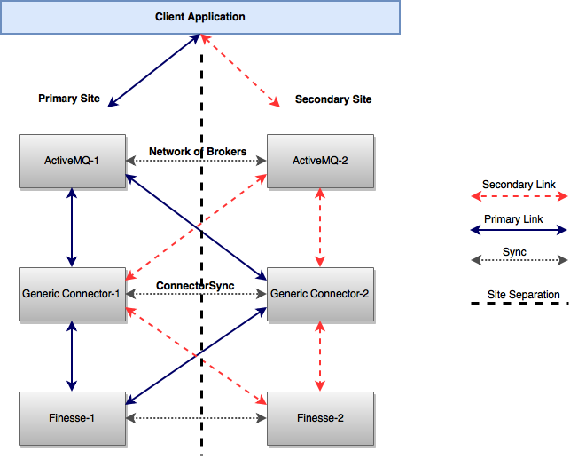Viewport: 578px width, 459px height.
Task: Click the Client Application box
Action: coord(200,17)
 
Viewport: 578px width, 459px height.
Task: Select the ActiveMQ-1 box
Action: coord(72,161)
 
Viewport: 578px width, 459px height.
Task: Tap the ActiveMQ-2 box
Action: coord(320,161)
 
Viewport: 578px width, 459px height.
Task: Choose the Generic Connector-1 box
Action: coord(72,293)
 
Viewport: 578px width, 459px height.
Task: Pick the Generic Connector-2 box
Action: coord(320,293)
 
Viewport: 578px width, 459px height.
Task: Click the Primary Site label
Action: coord(69,99)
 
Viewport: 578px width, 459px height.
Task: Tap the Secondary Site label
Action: coord(333,99)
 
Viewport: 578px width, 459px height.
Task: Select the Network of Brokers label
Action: coord(198,152)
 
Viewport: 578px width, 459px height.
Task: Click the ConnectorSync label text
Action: coord(195,286)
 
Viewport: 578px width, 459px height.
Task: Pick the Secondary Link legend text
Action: coord(519,185)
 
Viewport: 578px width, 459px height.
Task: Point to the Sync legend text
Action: coord(514,252)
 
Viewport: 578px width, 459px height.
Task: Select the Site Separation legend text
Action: coord(523,295)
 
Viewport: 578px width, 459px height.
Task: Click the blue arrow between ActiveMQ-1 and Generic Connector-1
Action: coord(72,226)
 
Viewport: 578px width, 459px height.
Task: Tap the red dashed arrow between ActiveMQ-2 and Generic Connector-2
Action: coord(320,226)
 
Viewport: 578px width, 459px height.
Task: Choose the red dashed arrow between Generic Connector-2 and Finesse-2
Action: coord(320,356)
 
